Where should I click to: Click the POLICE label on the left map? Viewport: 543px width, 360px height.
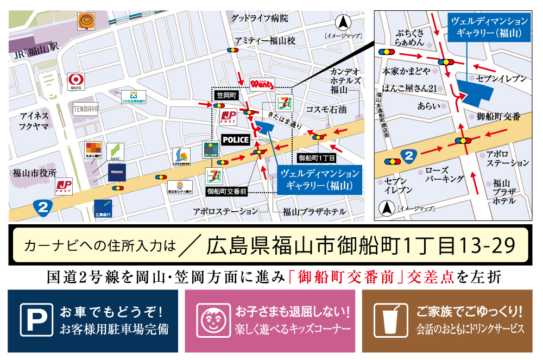(x=236, y=140)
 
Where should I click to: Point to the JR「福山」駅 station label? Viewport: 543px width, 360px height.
(x=36, y=47)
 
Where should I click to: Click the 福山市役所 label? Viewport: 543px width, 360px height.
(x=35, y=174)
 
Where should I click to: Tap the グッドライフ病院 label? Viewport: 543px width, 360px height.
(x=259, y=18)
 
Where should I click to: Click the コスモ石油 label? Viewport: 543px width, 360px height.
(x=326, y=109)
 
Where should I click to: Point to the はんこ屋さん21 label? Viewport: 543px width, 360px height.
(x=410, y=89)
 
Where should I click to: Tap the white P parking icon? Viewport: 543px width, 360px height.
(x=36, y=321)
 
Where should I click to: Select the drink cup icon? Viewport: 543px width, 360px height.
(x=391, y=321)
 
